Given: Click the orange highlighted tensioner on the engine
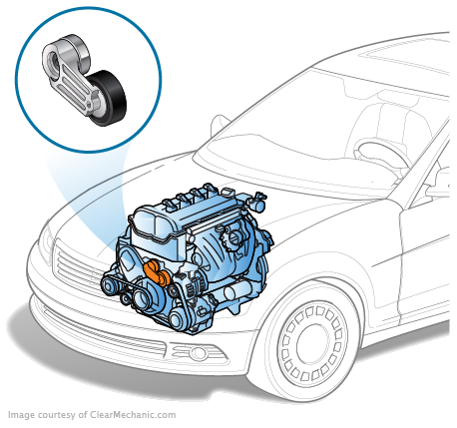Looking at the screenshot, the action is coord(157,272).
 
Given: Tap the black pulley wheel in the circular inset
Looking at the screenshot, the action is coord(109,98).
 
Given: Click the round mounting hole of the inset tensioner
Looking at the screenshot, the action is coord(53,61).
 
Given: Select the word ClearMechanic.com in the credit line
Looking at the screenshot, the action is coord(133,415).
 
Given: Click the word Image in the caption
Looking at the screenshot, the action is coord(21,415).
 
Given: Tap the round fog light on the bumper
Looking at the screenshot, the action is coord(199,353).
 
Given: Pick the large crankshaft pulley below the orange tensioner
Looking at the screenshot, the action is coord(146,297).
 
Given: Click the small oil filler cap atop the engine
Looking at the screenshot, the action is coord(228,193).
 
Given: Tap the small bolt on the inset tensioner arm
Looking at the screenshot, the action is coord(89,106).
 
